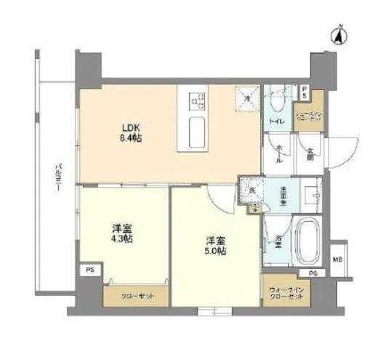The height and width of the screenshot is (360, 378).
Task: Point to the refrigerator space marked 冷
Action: point(247,97)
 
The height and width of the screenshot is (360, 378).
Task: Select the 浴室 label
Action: point(278,238)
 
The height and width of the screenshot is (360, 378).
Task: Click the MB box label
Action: point(338,259)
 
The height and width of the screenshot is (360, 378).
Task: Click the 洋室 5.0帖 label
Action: point(215,245)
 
